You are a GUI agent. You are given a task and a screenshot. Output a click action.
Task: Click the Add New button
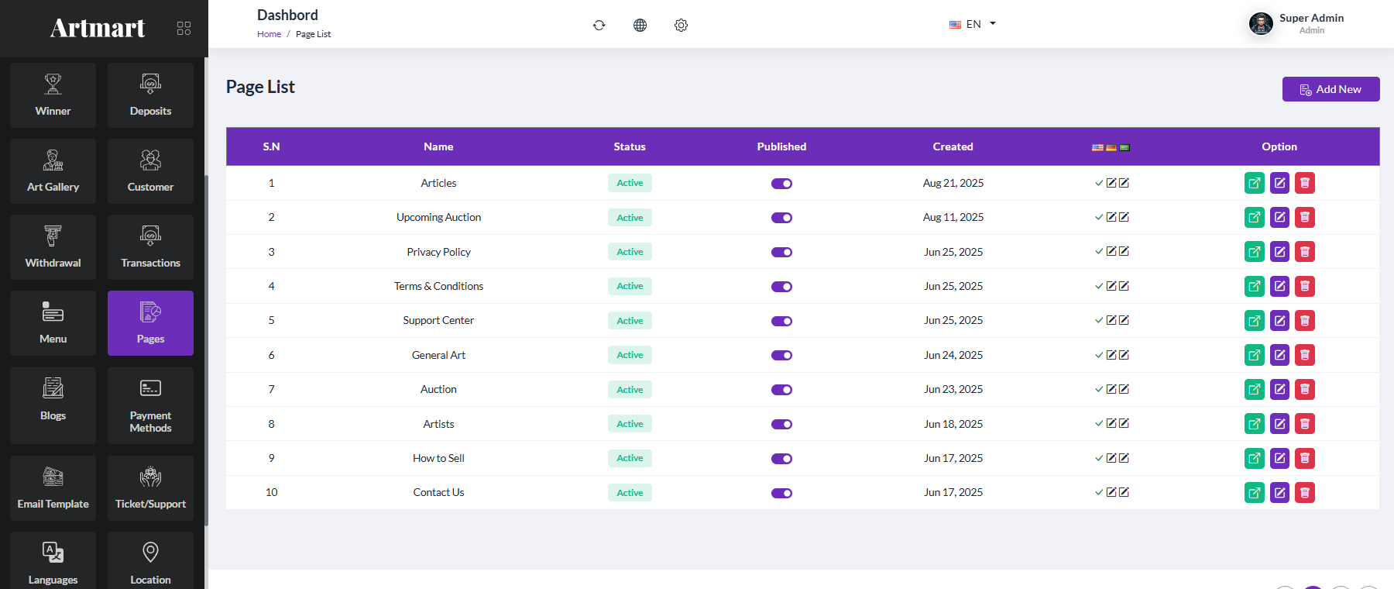pos(1330,89)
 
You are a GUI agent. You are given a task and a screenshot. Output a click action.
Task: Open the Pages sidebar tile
pos(150,323)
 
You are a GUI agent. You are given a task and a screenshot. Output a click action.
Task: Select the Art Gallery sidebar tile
pos(53,171)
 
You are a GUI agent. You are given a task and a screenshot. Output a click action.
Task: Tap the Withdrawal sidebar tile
pos(53,247)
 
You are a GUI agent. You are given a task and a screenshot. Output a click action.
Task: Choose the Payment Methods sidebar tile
pos(150,405)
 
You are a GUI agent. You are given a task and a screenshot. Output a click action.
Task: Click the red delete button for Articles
pos(1305,183)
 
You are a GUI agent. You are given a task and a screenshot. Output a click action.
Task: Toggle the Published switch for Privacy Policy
pos(781,252)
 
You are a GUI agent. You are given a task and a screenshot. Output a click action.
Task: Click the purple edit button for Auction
pos(1279,389)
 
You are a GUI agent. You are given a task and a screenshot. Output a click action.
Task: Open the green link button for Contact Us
pos(1255,492)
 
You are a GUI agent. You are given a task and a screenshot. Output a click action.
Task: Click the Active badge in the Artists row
pos(630,424)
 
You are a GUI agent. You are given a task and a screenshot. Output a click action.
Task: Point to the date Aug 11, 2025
pos(953,217)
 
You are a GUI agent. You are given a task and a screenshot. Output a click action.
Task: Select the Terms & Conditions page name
pos(438,286)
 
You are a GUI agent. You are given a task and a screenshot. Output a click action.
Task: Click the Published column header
pos(781,146)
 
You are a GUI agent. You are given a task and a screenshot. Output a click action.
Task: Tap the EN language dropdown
pos(973,24)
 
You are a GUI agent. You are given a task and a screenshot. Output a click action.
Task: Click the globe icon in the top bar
pos(640,25)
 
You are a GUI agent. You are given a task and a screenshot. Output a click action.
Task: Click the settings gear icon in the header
pos(681,25)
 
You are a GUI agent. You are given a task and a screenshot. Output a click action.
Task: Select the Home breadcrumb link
pos(269,34)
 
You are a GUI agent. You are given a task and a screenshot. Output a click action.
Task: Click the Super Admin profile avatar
pos(1261,24)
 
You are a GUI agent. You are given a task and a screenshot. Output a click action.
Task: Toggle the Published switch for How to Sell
pos(781,458)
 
